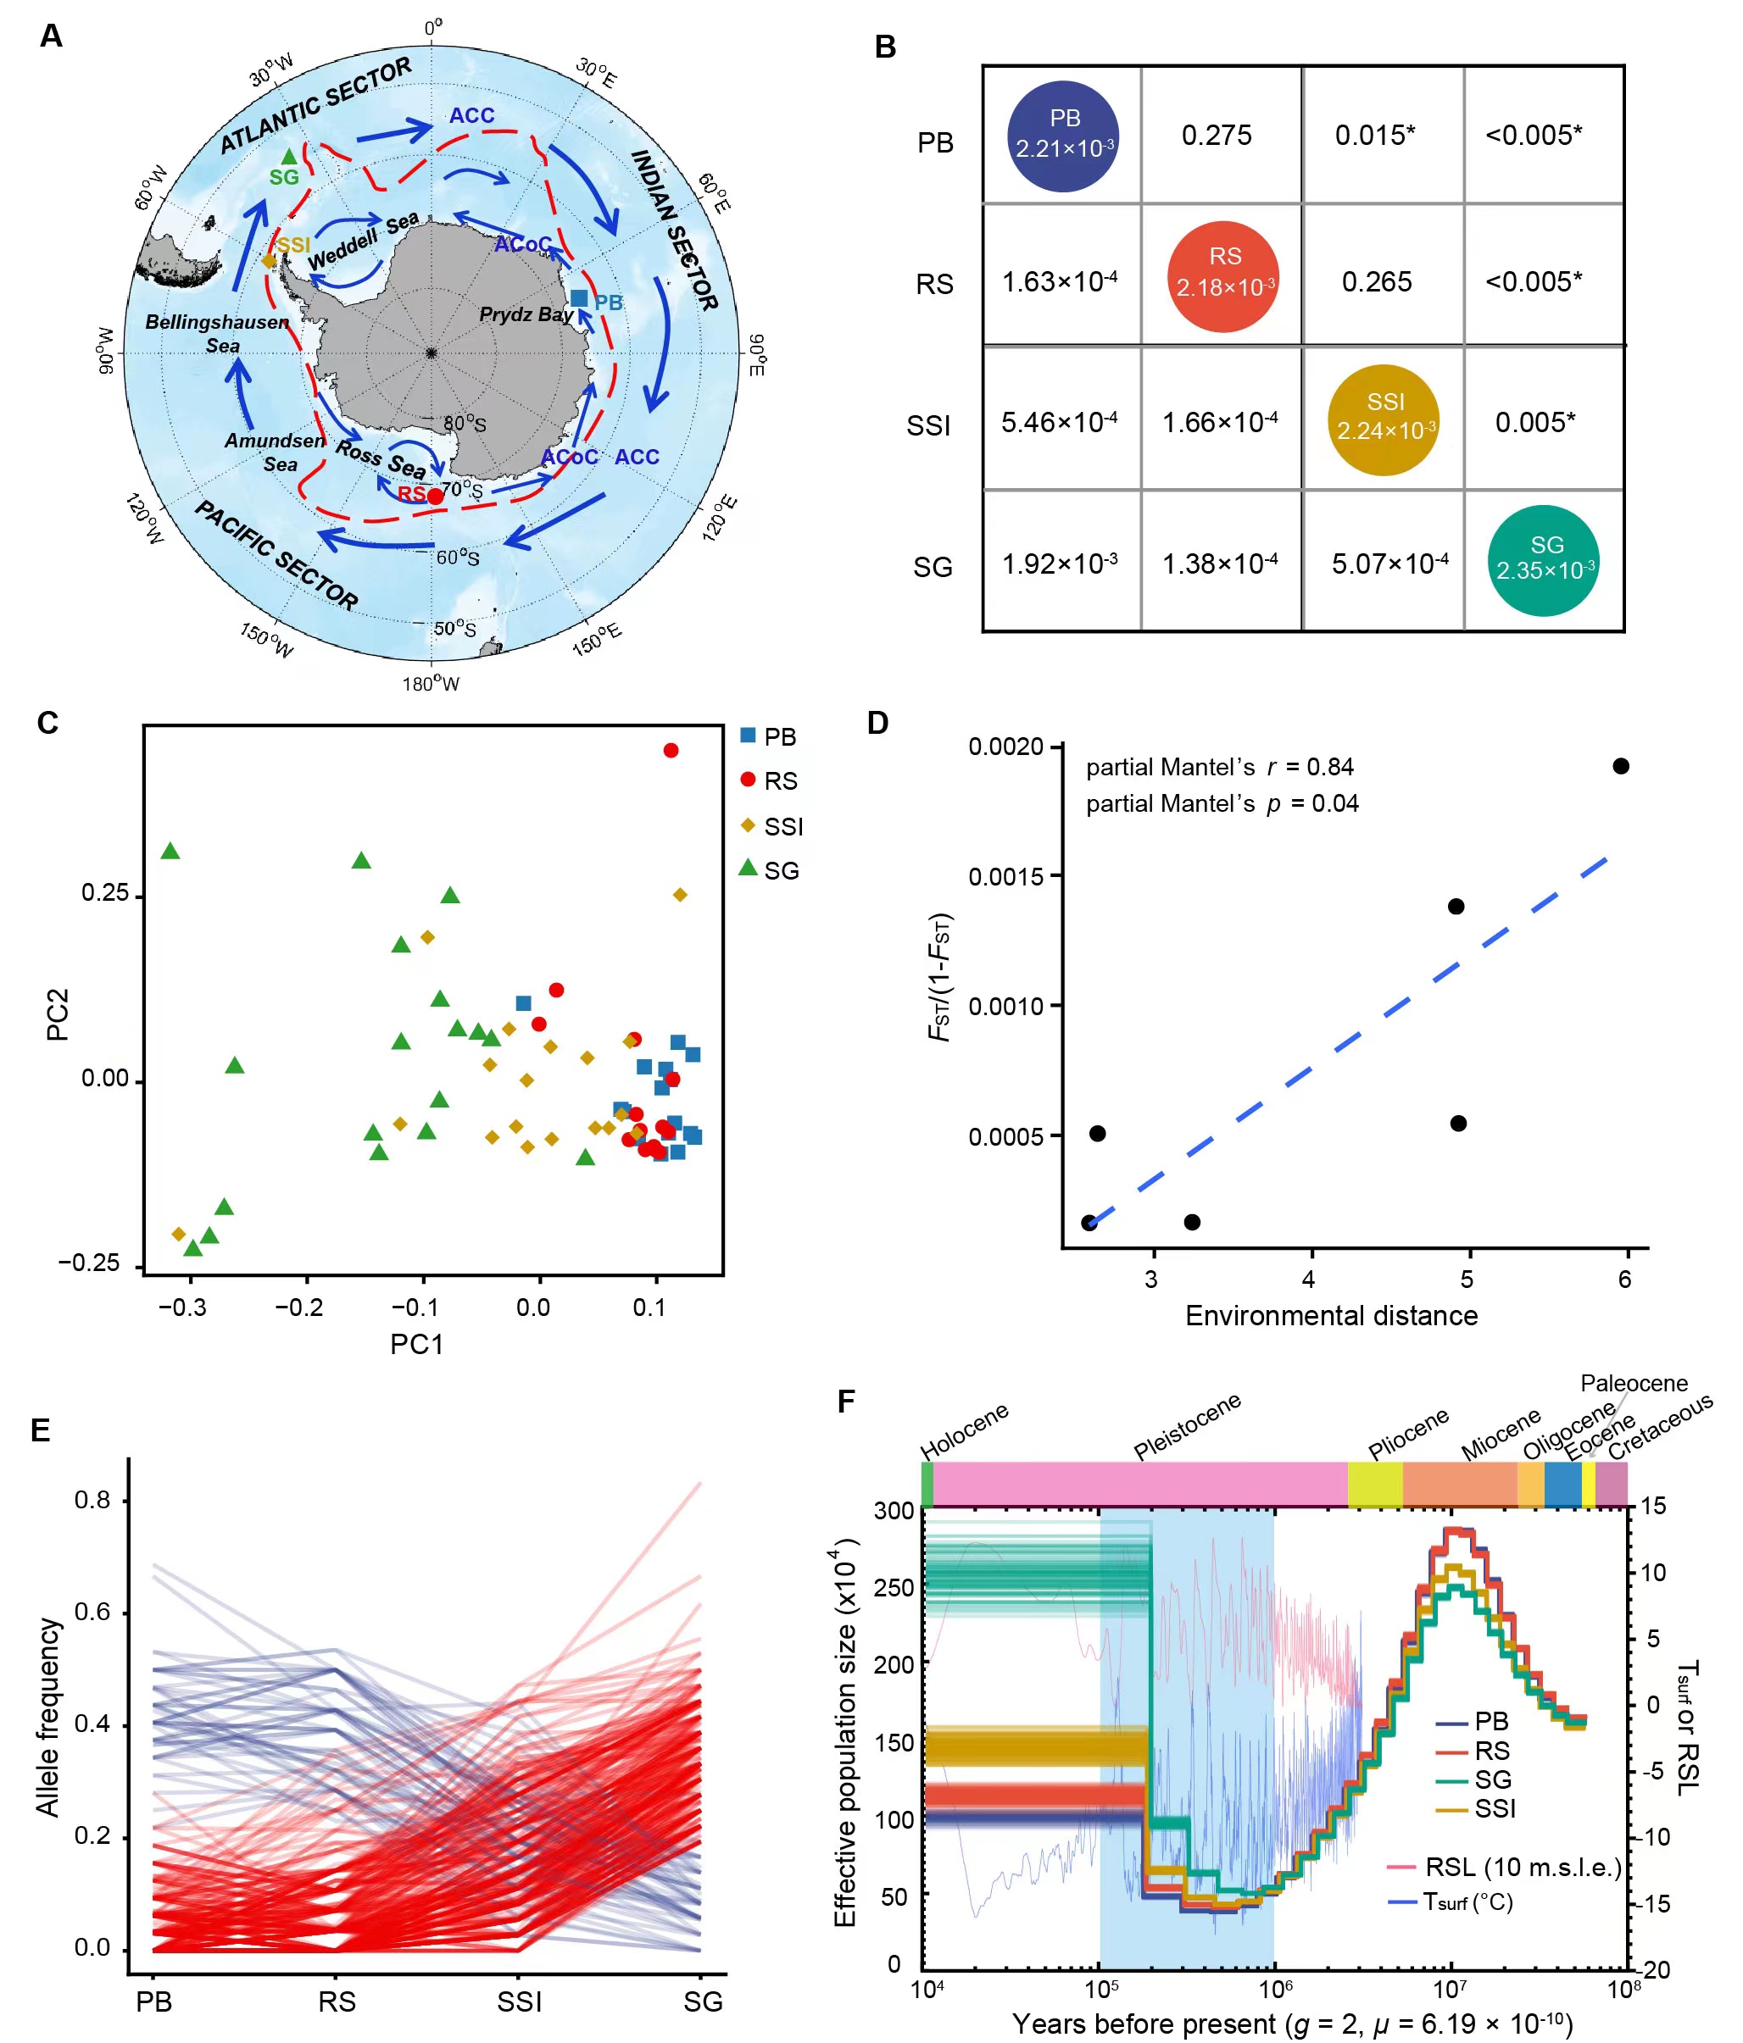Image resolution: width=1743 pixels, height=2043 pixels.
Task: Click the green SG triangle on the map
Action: pyautogui.click(x=288, y=157)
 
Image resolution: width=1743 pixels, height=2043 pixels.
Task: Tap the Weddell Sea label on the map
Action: pyautogui.click(x=362, y=240)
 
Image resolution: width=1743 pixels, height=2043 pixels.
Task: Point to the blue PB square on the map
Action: pyautogui.click(x=579, y=297)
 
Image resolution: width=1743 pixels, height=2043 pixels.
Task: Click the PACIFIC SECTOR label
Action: pyautogui.click(x=276, y=554)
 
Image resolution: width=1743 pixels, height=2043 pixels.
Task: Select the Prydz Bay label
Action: pyautogui.click(x=526, y=314)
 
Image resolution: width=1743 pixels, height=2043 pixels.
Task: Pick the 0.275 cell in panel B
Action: pyautogui.click(x=1217, y=135)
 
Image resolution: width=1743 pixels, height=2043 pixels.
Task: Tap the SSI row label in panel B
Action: pyautogui.click(x=928, y=426)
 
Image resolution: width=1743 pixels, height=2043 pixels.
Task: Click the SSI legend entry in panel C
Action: pyautogui.click(x=772, y=826)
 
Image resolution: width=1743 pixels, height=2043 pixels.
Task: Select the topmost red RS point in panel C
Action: pyautogui.click(x=671, y=751)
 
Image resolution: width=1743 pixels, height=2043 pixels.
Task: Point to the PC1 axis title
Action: pyautogui.click(x=416, y=1344)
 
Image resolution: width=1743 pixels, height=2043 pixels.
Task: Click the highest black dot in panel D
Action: pyautogui.click(x=1621, y=766)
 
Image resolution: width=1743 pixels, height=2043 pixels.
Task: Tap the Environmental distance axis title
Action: pyautogui.click(x=1331, y=1315)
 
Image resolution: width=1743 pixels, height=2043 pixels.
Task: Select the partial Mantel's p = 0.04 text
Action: pyautogui.click(x=1221, y=803)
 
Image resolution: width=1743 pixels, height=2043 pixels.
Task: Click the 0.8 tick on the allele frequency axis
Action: pyautogui.click(x=92, y=1501)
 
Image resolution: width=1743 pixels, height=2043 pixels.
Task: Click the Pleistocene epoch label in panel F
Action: pyautogui.click(x=1187, y=1427)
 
